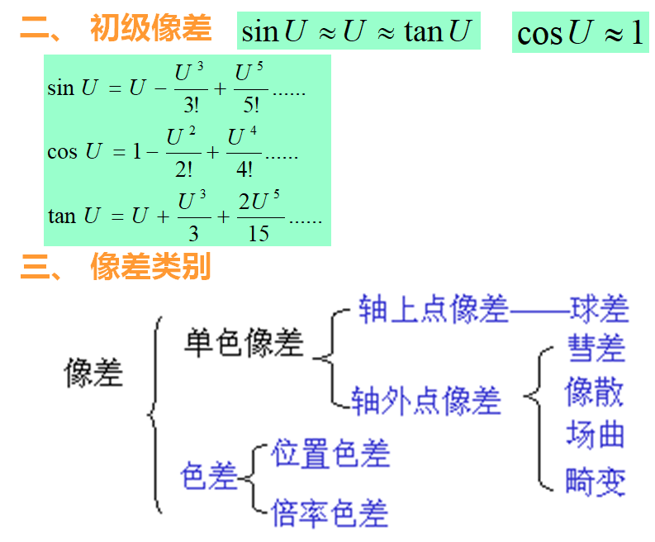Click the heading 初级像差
tap(151, 29)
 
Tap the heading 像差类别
tap(151, 266)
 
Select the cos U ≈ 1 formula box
tap(580, 32)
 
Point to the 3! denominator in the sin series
tap(191, 106)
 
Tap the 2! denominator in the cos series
tap(183, 169)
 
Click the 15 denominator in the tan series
tap(259, 234)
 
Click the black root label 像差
tap(93, 373)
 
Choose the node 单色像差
tap(244, 343)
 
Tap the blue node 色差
tap(209, 477)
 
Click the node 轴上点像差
tap(433, 308)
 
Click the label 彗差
tap(596, 348)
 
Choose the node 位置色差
tap(330, 454)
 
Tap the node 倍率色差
tap(330, 513)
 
